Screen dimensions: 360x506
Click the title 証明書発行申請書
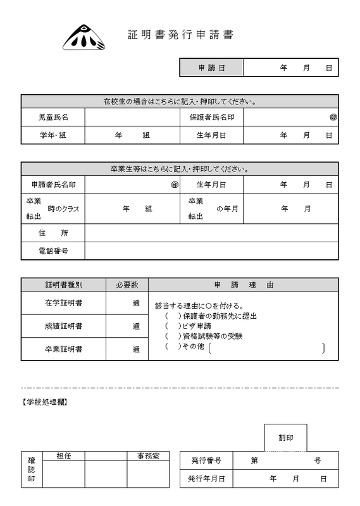(180, 34)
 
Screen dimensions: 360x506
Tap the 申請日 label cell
(211, 67)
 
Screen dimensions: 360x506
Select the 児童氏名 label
(53, 117)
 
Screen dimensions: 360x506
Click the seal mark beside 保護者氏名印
(333, 117)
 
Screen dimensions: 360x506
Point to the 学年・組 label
(53, 135)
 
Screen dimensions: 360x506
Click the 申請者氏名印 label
(53, 185)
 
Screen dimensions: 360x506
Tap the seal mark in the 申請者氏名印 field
(175, 185)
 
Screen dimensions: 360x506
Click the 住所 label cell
(53, 233)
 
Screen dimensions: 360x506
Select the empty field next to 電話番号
(211, 251)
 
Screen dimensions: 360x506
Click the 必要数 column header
(127, 285)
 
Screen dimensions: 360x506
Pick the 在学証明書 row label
(63, 303)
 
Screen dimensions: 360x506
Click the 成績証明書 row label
(63, 326)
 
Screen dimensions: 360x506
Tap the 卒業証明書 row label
(63, 349)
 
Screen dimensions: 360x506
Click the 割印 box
(285, 437)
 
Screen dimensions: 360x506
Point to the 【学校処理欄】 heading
(46, 402)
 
